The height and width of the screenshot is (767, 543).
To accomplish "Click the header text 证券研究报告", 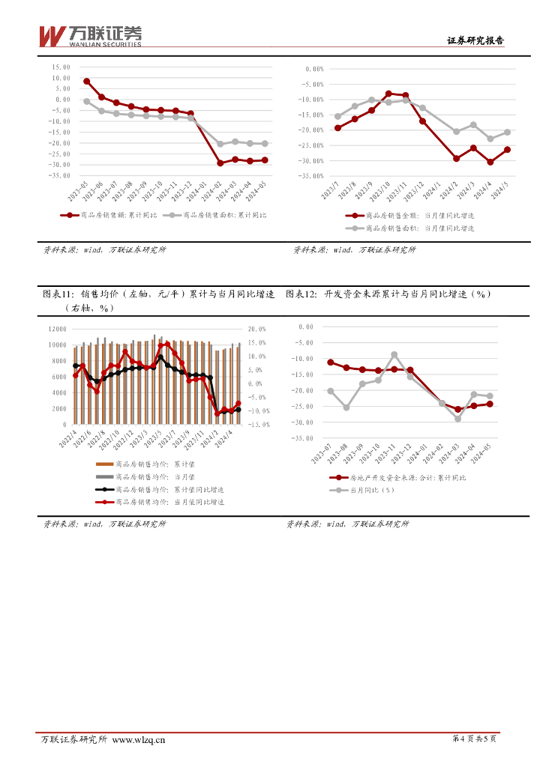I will (475, 41).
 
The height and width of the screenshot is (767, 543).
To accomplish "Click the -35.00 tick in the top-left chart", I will (59, 175).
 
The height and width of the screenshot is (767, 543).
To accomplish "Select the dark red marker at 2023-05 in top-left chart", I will (87, 82).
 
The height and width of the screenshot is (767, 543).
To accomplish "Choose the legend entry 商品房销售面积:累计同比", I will (218, 215).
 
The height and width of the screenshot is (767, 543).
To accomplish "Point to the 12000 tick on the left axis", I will (57, 330).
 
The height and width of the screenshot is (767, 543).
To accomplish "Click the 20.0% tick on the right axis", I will (257, 330).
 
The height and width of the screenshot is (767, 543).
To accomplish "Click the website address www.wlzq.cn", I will (138, 740).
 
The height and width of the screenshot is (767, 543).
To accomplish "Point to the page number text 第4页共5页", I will (475, 739).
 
